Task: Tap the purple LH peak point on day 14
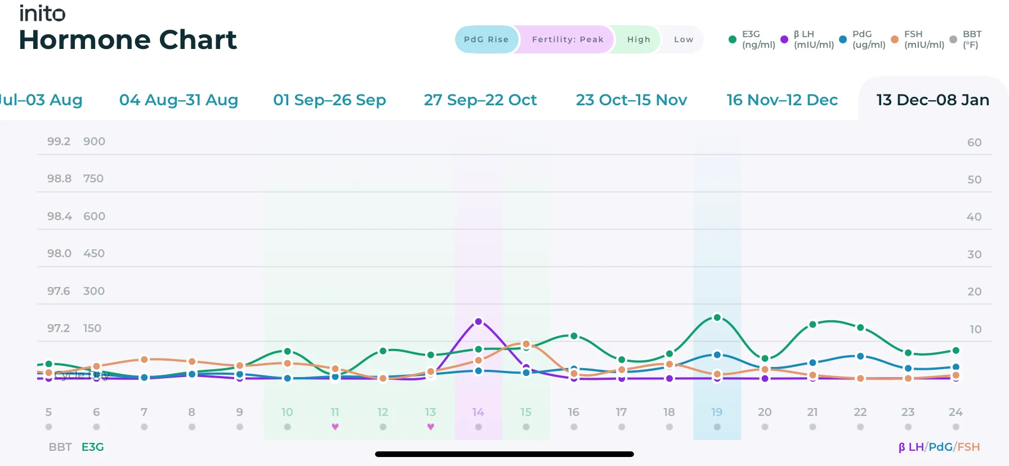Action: tap(478, 321)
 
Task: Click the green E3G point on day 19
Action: tap(717, 317)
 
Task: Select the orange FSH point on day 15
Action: tap(526, 344)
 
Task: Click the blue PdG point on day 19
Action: tap(717, 355)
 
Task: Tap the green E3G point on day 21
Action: tap(812, 325)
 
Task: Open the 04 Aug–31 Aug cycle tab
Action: tap(178, 100)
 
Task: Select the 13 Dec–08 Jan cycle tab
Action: tap(932, 100)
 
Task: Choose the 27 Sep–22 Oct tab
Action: tap(480, 100)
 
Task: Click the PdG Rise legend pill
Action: tap(486, 39)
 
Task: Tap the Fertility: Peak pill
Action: tap(567, 39)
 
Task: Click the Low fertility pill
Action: tap(683, 39)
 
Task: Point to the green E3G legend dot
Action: tap(732, 39)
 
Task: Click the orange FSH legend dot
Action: tap(894, 39)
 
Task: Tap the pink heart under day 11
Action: tap(335, 427)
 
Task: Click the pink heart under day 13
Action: tap(430, 427)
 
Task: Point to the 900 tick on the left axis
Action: tap(94, 141)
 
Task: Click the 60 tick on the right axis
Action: tap(974, 142)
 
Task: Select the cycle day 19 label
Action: tap(716, 412)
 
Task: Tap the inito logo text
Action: tap(42, 13)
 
